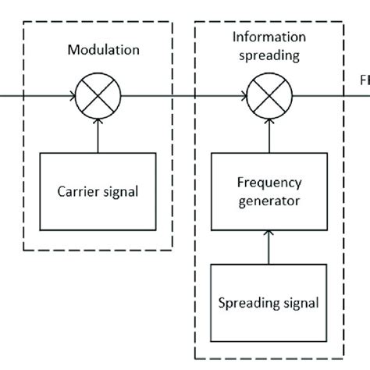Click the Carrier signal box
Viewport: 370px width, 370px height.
coord(98,191)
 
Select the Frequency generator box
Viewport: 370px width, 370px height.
coord(269,191)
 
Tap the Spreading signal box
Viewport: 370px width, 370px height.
coord(269,301)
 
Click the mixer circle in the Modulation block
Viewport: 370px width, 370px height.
coord(98,98)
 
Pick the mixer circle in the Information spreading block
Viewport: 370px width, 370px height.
coord(269,98)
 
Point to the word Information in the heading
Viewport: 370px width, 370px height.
coord(269,37)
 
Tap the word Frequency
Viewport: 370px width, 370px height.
coord(269,183)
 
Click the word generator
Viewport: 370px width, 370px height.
coord(269,200)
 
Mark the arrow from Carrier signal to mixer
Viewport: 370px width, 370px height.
coord(98,133)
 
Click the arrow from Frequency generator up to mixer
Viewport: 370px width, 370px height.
coord(269,133)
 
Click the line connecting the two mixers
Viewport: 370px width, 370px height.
coord(183,98)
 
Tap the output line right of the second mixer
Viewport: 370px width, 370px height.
coord(320,98)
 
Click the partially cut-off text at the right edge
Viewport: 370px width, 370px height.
coord(364,80)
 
